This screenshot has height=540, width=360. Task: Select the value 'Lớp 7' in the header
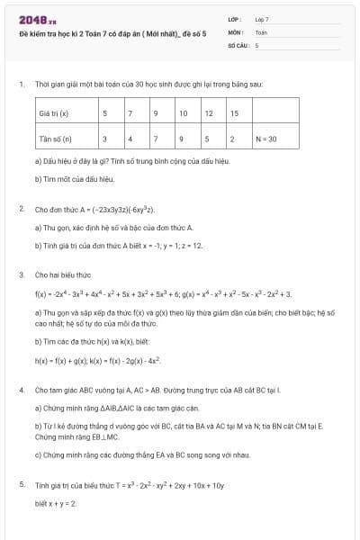pos(262,18)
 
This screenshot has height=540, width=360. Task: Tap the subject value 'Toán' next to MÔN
pos(261,31)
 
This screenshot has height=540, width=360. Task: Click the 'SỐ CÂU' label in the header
pos(238,44)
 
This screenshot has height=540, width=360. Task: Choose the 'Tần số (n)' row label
pos(55,139)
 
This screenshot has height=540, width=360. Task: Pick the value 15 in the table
pos(234,114)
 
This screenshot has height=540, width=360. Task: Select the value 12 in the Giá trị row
pos(209,114)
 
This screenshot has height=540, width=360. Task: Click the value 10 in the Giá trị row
pos(183,114)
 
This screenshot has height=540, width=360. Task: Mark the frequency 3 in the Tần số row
pos(105,139)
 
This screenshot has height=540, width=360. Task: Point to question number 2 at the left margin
pos(21,209)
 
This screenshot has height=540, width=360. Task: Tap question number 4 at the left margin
pos(21,391)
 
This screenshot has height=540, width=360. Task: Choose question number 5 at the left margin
pos(21,485)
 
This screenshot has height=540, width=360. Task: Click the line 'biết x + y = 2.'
pos(56,503)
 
